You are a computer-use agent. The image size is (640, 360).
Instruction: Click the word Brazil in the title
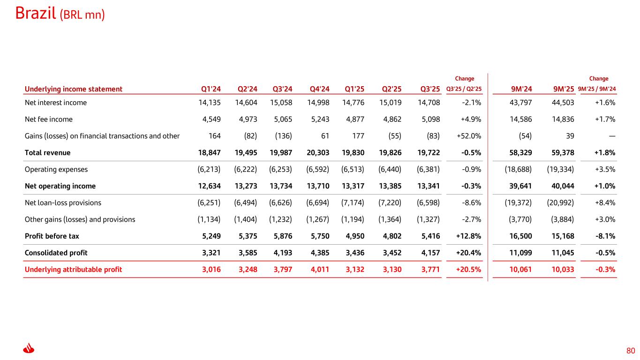click(x=36, y=14)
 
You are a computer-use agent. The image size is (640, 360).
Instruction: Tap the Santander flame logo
click(x=29, y=350)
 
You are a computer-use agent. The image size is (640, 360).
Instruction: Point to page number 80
click(x=630, y=351)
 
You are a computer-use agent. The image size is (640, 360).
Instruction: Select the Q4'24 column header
click(x=319, y=89)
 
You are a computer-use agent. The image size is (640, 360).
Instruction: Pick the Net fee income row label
click(x=49, y=119)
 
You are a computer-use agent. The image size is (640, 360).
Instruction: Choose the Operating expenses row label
click(x=56, y=169)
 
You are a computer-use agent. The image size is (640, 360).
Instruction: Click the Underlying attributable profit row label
click(x=73, y=270)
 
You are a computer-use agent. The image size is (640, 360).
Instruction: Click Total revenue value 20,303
click(x=318, y=153)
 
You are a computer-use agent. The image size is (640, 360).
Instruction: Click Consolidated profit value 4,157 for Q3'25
click(x=429, y=253)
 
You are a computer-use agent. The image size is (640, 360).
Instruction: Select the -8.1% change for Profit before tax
click(x=605, y=236)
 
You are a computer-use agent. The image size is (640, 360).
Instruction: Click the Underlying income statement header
click(x=74, y=89)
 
